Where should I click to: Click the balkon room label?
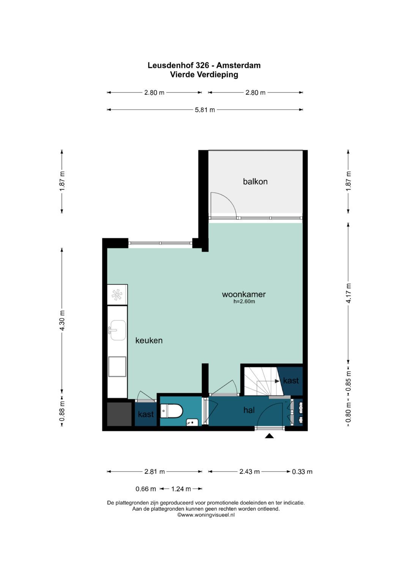coord(255,182)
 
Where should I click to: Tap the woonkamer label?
coord(244,294)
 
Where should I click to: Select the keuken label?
coord(149,340)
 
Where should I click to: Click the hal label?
coord(249,410)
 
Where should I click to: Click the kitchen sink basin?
coord(118,330)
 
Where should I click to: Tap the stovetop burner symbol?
coord(117,295)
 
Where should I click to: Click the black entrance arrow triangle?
coord(269,436)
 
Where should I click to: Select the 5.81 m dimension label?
coord(205,110)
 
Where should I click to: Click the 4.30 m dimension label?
coord(62,320)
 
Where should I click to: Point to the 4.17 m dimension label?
coord(348,293)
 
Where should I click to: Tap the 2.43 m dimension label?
coord(249,471)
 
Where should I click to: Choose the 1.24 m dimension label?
coord(181,489)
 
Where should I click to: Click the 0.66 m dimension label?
coord(146,489)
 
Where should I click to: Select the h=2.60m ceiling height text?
coord(244,301)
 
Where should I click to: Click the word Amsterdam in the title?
coord(238,65)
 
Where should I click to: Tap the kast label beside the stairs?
coord(291,381)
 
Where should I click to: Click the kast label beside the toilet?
coord(146,414)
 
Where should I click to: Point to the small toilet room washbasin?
coord(192,422)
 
